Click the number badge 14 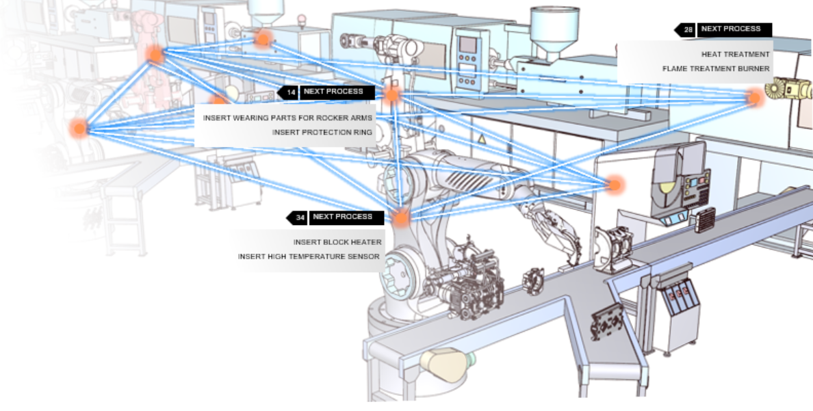(291, 92)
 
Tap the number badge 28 (688, 30)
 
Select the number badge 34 (300, 217)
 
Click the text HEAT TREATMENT (735, 54)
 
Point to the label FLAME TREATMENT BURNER (716, 68)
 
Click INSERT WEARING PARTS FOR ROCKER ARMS (287, 118)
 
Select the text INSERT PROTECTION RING (322, 132)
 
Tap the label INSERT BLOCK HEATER (337, 242)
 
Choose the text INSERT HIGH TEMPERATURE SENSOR (309, 256)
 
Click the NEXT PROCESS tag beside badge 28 (731, 29)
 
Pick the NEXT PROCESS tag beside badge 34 (342, 217)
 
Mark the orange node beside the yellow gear (755, 98)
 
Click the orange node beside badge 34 (400, 219)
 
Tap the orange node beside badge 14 (391, 95)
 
